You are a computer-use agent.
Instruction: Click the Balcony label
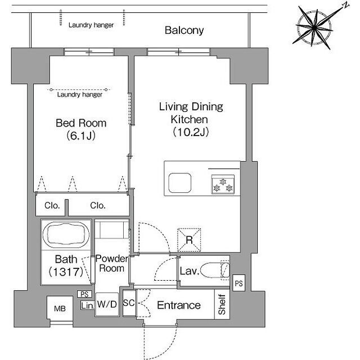(x=184, y=30)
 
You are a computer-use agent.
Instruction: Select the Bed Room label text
(x=81, y=123)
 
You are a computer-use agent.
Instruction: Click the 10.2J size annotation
(x=191, y=132)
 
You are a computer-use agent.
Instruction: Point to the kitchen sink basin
(x=180, y=183)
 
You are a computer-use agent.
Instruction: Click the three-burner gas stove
(x=223, y=184)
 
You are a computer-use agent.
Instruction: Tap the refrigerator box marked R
(x=189, y=240)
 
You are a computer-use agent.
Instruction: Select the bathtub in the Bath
(x=66, y=234)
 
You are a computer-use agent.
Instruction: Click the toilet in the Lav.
(x=215, y=270)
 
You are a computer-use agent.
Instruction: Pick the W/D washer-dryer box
(x=107, y=304)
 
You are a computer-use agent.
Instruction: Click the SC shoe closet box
(x=129, y=303)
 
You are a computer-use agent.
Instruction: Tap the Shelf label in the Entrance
(x=222, y=304)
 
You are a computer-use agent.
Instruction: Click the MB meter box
(x=60, y=308)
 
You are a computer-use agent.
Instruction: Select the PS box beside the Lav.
(x=238, y=283)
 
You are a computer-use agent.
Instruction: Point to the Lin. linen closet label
(x=88, y=305)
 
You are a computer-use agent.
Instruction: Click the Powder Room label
(x=112, y=263)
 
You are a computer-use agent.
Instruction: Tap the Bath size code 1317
(x=66, y=272)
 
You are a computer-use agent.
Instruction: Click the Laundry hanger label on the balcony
(x=91, y=25)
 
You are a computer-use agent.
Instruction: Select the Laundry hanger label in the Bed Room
(x=80, y=94)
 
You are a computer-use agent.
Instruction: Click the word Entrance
(x=179, y=305)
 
